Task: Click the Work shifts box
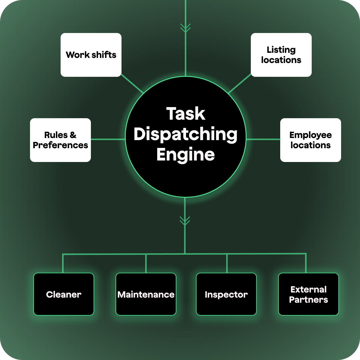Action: pyautogui.click(x=91, y=55)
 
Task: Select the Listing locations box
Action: pyautogui.click(x=281, y=55)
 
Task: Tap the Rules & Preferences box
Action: pyautogui.click(x=60, y=140)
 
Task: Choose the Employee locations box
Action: pyautogui.click(x=310, y=140)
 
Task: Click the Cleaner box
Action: pyautogui.click(x=64, y=294)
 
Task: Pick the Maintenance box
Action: pyautogui.click(x=146, y=294)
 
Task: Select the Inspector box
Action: pyautogui.click(x=226, y=294)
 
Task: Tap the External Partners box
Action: pyautogui.click(x=308, y=294)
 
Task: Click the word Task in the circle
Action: pyautogui.click(x=186, y=114)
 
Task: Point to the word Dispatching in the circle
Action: pyautogui.click(x=186, y=134)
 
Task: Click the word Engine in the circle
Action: pyautogui.click(x=186, y=154)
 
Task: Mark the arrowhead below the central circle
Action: pyautogui.click(x=185, y=221)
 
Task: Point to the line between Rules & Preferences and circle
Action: pyautogui.click(x=108, y=139)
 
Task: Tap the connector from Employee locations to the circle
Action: pyautogui.click(x=263, y=139)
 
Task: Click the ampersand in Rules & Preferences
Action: pyautogui.click(x=73, y=135)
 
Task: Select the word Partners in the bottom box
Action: pyautogui.click(x=308, y=300)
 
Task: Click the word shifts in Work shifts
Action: pyautogui.click(x=104, y=55)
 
